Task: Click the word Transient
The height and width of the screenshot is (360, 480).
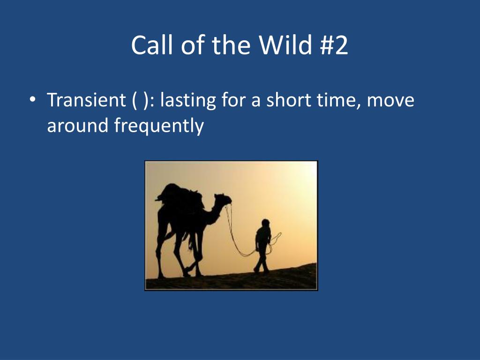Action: tap(86, 99)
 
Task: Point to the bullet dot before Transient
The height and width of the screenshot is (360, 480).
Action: tap(32, 100)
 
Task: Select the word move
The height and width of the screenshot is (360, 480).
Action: tap(390, 101)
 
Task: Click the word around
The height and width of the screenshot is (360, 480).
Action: tap(78, 125)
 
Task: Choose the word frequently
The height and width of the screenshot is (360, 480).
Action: tap(159, 126)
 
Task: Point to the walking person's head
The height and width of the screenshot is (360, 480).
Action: tap(265, 223)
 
